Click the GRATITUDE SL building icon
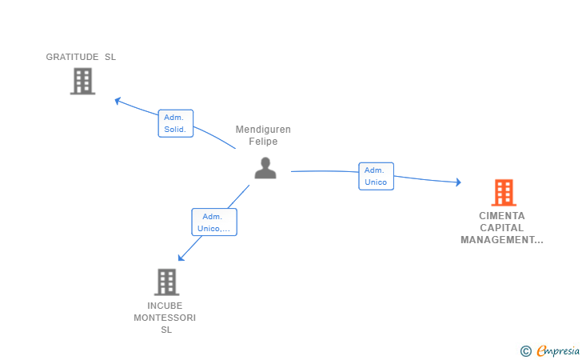[x=83, y=81]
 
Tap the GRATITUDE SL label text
[x=81, y=57]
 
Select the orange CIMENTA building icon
[x=504, y=193]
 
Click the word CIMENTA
[x=502, y=216]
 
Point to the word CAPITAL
[x=502, y=228]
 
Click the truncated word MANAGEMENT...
[x=502, y=240]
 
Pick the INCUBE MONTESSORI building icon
[x=166, y=282]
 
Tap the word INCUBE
[x=165, y=306]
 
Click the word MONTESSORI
[x=165, y=318]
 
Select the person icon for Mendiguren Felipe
[x=265, y=168]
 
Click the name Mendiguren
[x=263, y=130]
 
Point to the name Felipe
[x=263, y=141]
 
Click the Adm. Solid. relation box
[x=176, y=123]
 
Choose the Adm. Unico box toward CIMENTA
[x=376, y=176]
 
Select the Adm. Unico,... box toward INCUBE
[x=214, y=222]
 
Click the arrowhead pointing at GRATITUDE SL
[x=118, y=100]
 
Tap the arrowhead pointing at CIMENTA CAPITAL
[x=459, y=182]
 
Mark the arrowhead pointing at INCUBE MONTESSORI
[x=181, y=258]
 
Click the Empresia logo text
[x=558, y=350]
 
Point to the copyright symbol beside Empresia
[x=526, y=351]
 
